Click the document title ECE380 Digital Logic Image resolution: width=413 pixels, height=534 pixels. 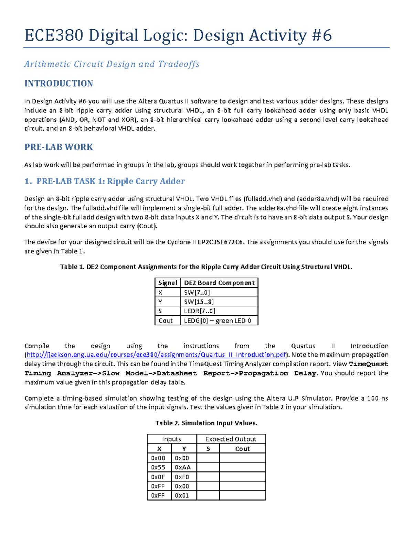(x=178, y=35)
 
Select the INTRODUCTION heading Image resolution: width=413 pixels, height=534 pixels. (x=59, y=84)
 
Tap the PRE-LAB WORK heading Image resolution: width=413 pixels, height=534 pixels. (x=59, y=147)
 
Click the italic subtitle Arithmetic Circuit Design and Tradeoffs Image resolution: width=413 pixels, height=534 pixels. (x=112, y=64)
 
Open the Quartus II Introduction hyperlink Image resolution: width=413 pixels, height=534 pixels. (x=156, y=355)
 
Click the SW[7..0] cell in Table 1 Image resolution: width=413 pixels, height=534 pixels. (x=197, y=292)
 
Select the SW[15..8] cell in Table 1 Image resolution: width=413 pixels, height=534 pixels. (x=199, y=302)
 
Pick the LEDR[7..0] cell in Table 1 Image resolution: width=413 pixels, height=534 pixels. (x=200, y=311)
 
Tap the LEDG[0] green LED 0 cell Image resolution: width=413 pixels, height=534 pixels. (x=218, y=320)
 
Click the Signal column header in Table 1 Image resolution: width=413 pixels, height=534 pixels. (x=168, y=283)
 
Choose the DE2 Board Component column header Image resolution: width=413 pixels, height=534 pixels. (x=219, y=283)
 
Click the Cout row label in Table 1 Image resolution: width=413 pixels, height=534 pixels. (x=166, y=320)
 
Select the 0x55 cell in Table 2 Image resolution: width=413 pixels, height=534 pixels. (x=158, y=467)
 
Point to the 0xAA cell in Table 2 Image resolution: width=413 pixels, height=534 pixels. (x=183, y=467)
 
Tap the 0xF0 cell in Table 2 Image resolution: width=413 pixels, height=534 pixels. (x=182, y=477)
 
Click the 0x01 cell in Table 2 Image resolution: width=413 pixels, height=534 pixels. (x=182, y=495)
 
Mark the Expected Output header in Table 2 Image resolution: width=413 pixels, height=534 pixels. (x=231, y=439)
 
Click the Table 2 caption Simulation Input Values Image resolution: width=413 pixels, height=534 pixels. (x=206, y=423)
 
